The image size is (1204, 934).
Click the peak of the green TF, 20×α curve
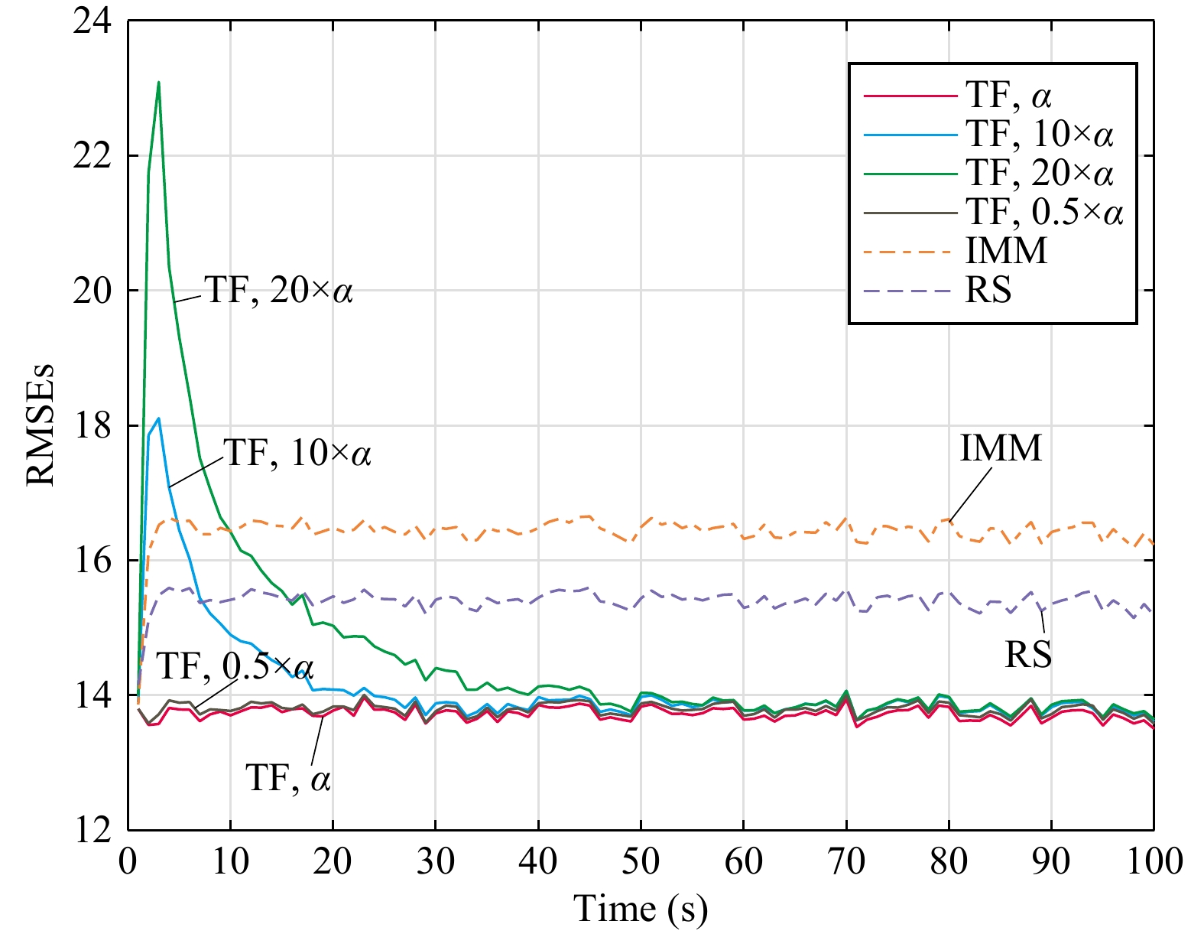tap(158, 82)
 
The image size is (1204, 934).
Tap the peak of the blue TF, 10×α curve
tap(158, 418)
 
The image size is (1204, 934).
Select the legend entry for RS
tap(988, 290)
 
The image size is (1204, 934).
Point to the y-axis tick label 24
tap(92, 21)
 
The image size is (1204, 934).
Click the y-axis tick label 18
tap(92, 425)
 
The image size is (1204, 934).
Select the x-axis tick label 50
tap(641, 861)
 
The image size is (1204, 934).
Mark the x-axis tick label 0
tap(128, 861)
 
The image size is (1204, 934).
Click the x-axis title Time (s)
tap(641, 909)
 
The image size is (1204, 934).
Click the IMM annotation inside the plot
tap(1001, 448)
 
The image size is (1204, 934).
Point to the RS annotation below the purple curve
tap(1027, 655)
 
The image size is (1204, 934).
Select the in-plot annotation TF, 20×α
tap(278, 291)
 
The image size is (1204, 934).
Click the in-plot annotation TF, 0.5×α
tap(235, 667)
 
